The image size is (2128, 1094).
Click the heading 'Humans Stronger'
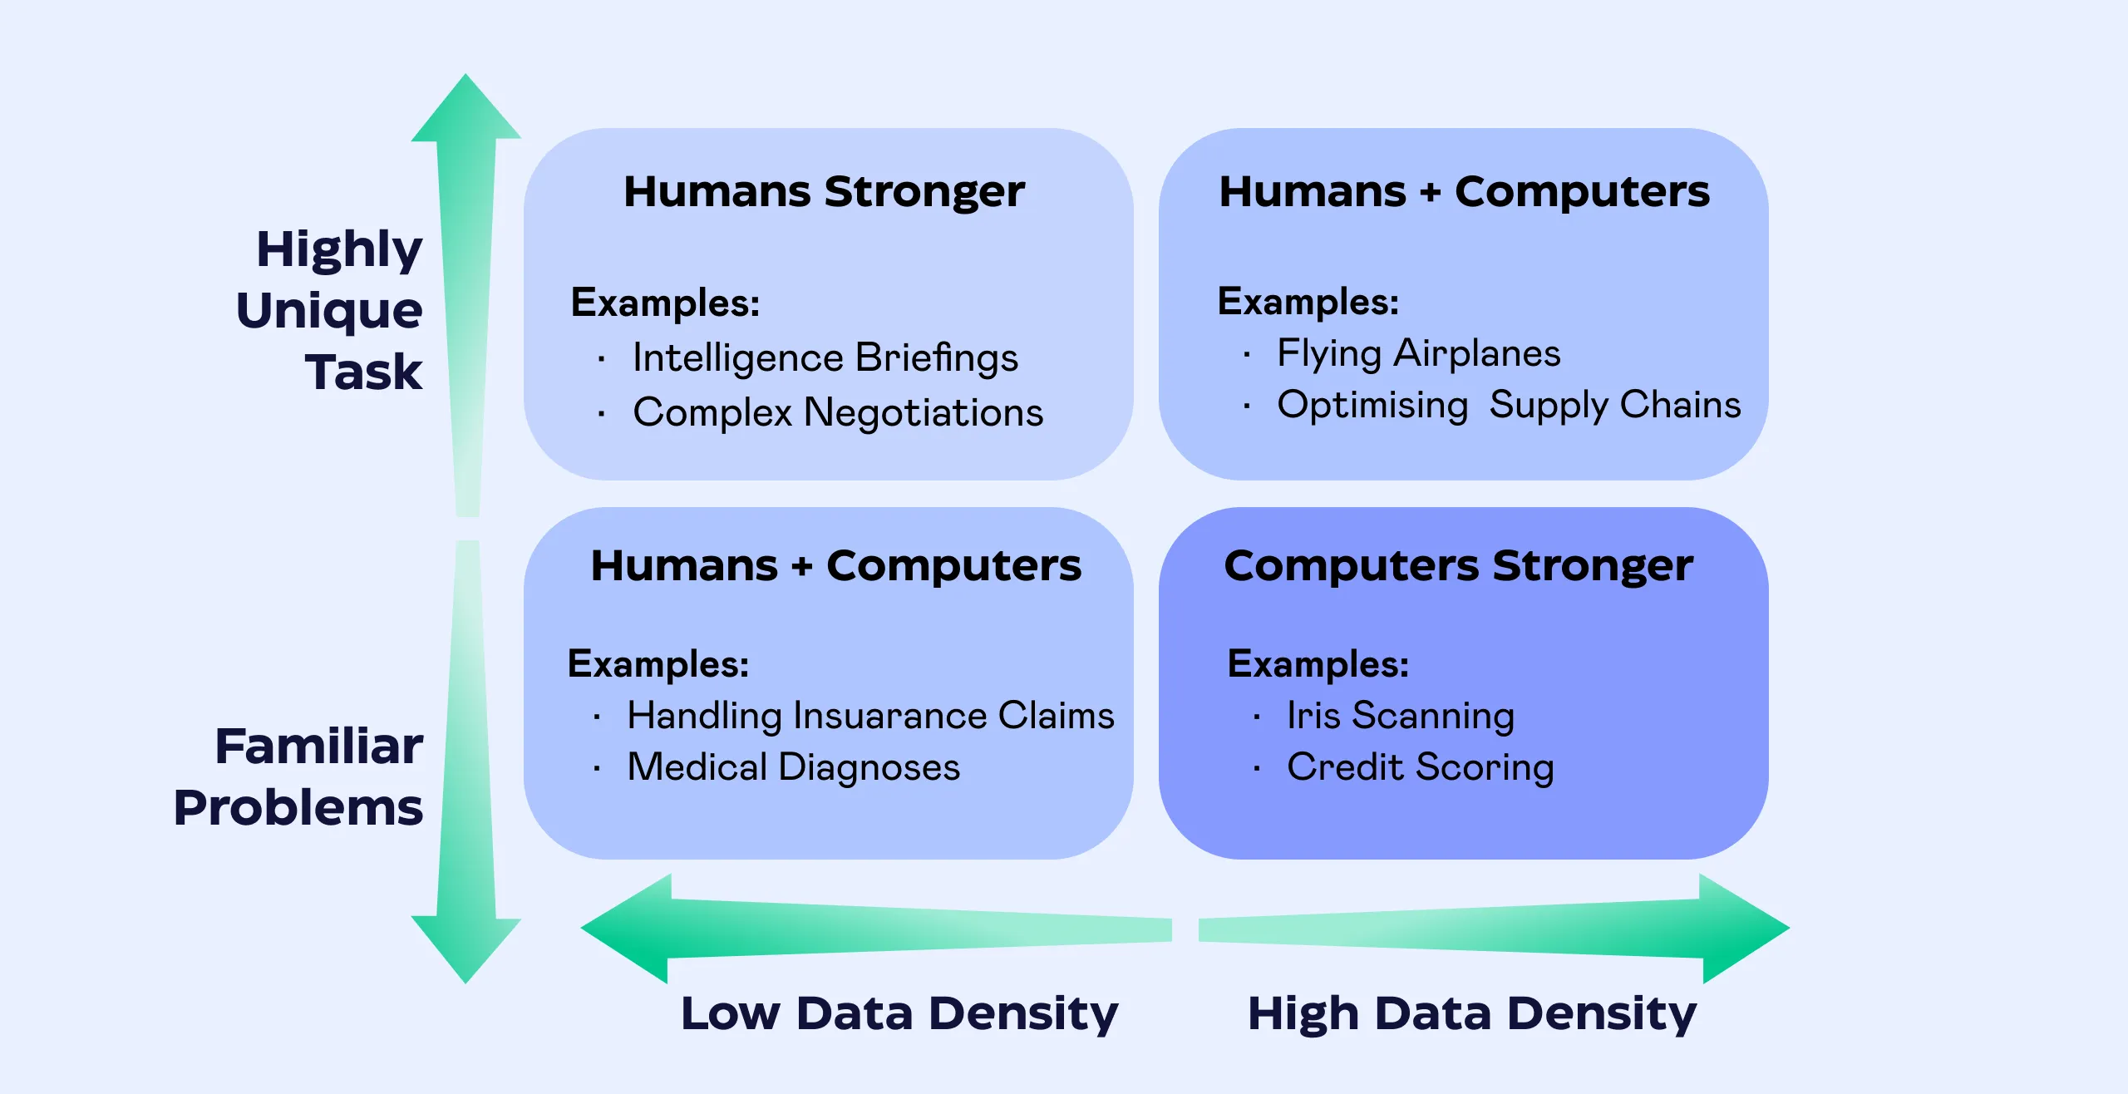click(824, 193)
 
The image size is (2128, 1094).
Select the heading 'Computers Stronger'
click(1458, 566)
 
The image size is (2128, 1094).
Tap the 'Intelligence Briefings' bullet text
click(825, 358)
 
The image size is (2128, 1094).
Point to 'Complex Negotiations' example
click(838, 413)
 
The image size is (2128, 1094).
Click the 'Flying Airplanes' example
click(1419, 354)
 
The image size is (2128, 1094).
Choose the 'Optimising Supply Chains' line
click(1509, 406)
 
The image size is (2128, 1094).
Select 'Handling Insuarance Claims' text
click(870, 716)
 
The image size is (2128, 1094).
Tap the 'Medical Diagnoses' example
click(794, 766)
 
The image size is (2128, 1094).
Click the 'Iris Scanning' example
click(1401, 716)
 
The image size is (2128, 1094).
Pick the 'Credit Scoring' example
click(1421, 767)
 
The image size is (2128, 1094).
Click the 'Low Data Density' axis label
click(899, 1014)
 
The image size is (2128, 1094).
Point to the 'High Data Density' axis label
click(1472, 1014)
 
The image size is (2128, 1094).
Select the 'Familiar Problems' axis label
click(298, 776)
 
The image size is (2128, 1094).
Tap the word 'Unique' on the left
click(329, 311)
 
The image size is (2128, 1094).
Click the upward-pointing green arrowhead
click(466, 107)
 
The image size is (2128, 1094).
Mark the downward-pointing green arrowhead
click(466, 950)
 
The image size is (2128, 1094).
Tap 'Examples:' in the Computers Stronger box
click(1318, 664)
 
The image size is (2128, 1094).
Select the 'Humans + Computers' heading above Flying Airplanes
click(1465, 193)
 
